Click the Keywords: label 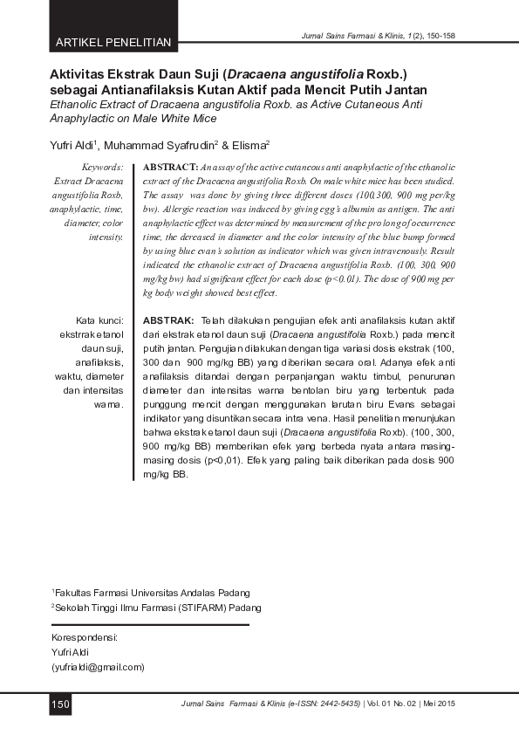click(x=101, y=166)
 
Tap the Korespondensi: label click(x=85, y=637)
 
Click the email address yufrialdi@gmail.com click(x=99, y=667)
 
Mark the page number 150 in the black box click(x=59, y=704)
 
